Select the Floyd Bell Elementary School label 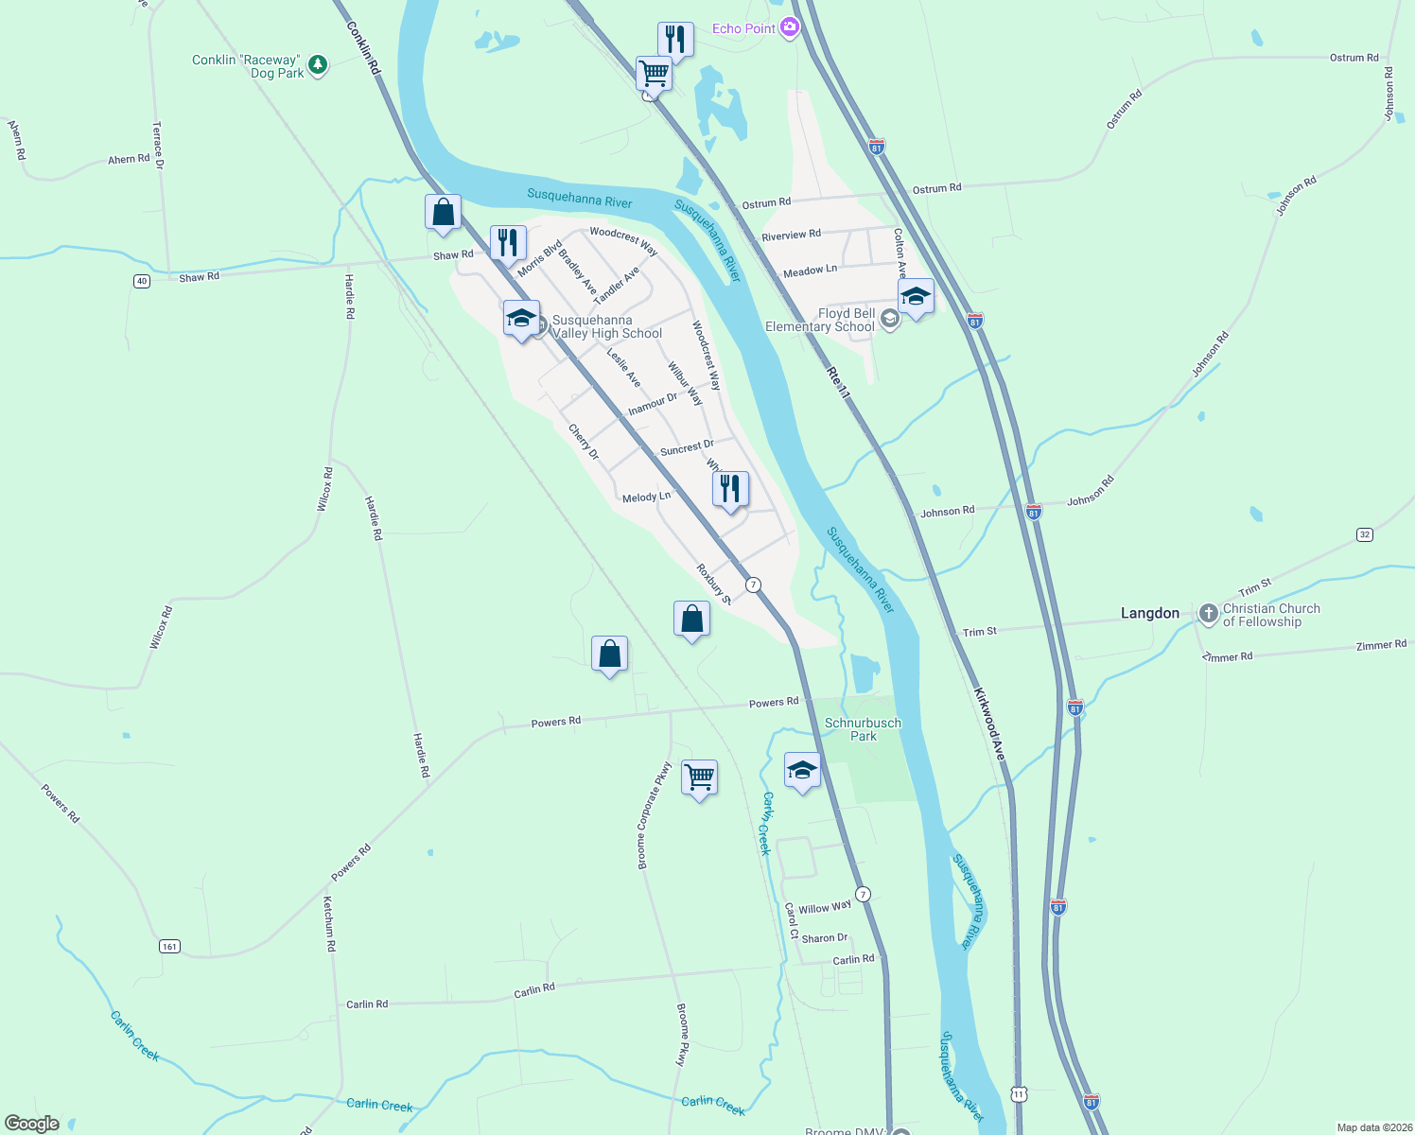819,320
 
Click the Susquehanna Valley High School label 606,326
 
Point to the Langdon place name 1150,613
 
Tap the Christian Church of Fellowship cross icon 1208,614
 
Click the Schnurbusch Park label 863,729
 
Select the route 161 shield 169,946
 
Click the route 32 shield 1364,534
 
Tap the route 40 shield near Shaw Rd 141,281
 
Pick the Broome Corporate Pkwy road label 654,815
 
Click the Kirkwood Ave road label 988,724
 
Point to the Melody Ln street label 646,497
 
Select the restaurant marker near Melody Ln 729,489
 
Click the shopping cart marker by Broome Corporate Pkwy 699,777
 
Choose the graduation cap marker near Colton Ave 915,297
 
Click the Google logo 32,1124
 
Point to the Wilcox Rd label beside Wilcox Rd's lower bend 160,627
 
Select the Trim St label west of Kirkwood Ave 979,632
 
